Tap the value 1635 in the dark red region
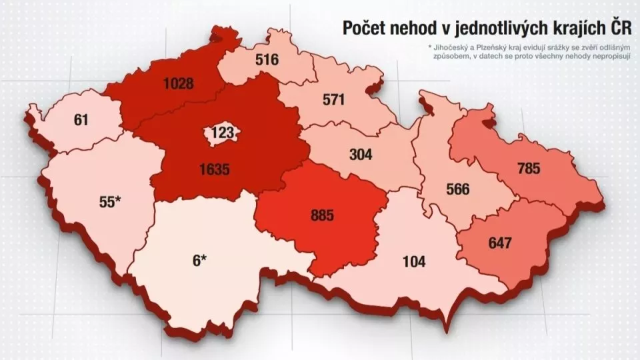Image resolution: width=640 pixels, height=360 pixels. pyautogui.click(x=214, y=169)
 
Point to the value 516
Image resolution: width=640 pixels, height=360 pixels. pyautogui.click(x=267, y=60)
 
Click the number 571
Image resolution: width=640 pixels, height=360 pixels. pyautogui.click(x=333, y=100)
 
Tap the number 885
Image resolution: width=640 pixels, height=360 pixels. pyautogui.click(x=321, y=215)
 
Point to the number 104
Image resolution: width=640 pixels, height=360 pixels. pyautogui.click(x=414, y=261)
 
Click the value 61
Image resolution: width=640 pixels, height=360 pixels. pyautogui.click(x=81, y=121)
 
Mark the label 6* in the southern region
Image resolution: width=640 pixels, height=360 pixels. pyautogui.click(x=200, y=260)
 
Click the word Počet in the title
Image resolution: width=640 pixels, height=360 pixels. pyautogui.click(x=365, y=28)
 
